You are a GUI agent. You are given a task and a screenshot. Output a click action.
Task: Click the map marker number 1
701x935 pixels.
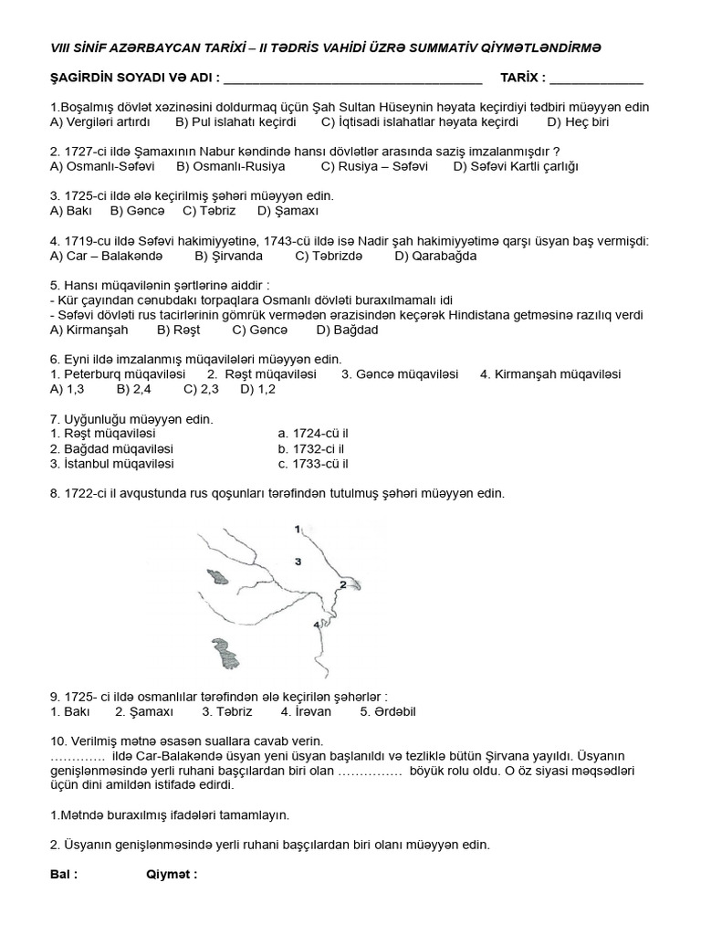[x=298, y=529]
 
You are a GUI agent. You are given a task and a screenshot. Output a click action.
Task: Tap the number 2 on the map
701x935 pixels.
[x=343, y=582]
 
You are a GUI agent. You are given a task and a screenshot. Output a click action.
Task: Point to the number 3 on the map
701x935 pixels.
[x=298, y=560]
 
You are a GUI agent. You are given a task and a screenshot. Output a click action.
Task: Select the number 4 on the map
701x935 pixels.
[x=317, y=625]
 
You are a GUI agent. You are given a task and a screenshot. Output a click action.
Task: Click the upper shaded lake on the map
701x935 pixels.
[x=218, y=576]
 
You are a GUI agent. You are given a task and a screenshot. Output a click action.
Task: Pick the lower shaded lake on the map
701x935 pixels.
[x=223, y=655]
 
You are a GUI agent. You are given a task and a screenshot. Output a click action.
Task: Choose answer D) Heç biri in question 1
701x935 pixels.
[x=577, y=121]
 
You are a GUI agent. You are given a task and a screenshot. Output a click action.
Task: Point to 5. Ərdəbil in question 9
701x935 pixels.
[x=387, y=710]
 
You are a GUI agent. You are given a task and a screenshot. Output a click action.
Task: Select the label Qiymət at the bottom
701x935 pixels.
[x=172, y=874]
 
